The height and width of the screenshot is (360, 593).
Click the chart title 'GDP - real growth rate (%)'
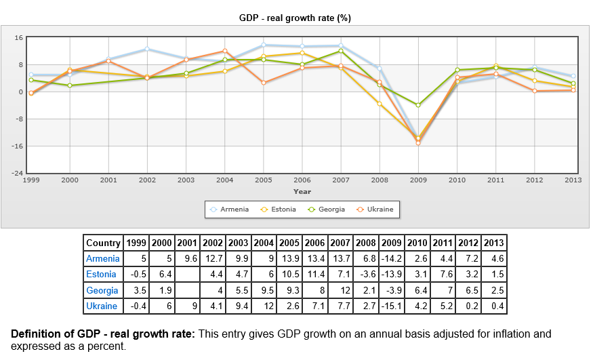(295, 18)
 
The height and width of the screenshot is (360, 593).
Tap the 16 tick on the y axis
(19, 38)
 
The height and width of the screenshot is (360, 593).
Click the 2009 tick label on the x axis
(418, 180)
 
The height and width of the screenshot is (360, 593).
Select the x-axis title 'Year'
(302, 191)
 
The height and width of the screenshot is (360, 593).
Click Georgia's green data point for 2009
(418, 105)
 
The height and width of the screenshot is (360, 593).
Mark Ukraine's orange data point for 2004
(225, 51)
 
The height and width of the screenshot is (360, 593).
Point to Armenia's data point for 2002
(147, 49)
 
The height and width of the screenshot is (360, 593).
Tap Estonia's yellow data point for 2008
(380, 104)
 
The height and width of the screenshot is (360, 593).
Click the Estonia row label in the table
(101, 275)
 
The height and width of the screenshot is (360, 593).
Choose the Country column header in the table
(104, 243)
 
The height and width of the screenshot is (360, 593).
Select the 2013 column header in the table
(493, 243)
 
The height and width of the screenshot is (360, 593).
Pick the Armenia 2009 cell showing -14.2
(391, 258)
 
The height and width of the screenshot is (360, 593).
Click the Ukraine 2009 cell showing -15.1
(391, 306)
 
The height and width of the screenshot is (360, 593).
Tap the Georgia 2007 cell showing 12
(341, 290)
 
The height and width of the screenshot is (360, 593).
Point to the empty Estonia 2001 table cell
(187, 275)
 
